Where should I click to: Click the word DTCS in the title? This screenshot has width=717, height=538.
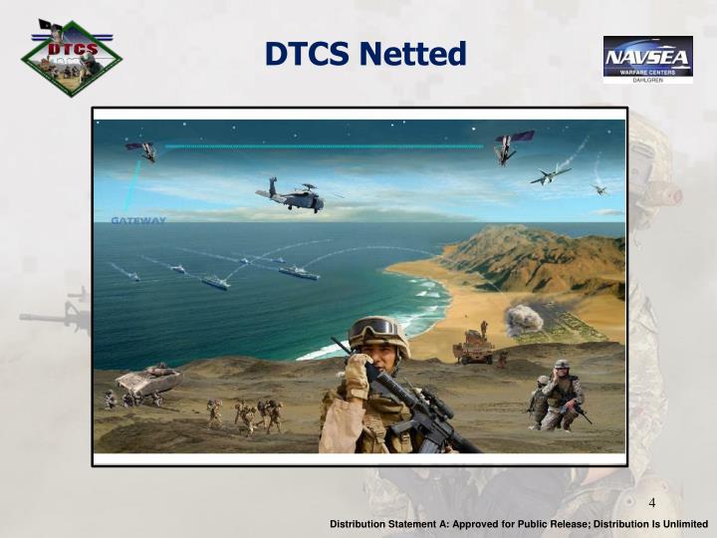[x=308, y=53]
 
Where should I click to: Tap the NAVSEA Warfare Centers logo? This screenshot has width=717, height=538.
[x=647, y=59]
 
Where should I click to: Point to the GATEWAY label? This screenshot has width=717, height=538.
[x=138, y=220]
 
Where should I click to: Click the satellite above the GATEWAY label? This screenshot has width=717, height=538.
[x=141, y=150]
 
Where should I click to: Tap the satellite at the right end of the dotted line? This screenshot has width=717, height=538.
[x=513, y=146]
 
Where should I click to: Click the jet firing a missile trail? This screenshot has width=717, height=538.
[x=550, y=175]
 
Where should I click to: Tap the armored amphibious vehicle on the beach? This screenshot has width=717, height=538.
[x=148, y=381]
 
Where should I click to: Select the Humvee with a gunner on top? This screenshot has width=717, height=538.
[x=473, y=346]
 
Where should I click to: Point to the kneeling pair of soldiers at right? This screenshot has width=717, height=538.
[x=554, y=396]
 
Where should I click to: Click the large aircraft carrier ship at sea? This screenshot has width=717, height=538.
[x=298, y=272]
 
